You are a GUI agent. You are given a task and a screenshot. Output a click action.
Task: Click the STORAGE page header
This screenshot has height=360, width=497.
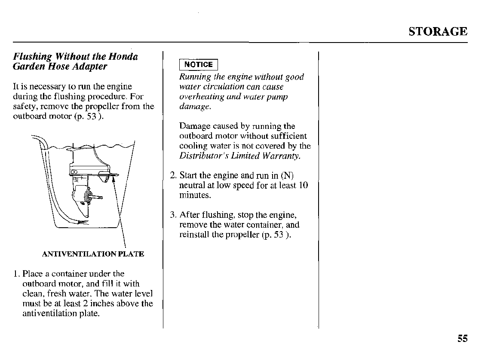click(x=437, y=32)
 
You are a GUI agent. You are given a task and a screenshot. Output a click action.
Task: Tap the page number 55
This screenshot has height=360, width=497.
click(x=462, y=339)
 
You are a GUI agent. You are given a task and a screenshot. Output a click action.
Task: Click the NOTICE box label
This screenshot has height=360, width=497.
click(x=198, y=65)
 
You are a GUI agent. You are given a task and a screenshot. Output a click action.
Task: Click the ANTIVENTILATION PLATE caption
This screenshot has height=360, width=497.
click(x=93, y=254)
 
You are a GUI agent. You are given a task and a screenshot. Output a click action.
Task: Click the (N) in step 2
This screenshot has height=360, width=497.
click(x=287, y=176)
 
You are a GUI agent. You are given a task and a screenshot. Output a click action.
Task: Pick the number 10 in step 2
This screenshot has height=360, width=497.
click(x=303, y=186)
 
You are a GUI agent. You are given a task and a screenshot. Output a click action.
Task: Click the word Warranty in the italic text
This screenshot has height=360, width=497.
click(x=282, y=156)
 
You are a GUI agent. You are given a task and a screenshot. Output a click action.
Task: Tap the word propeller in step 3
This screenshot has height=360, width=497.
click(x=242, y=235)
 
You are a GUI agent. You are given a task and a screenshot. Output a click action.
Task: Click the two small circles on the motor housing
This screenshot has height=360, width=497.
click(x=74, y=171)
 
